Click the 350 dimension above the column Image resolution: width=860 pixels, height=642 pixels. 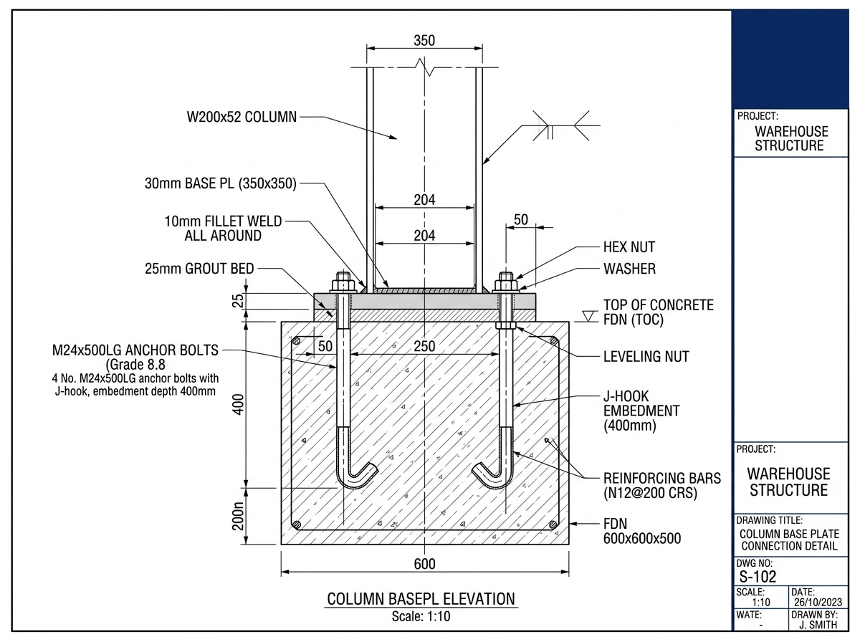[424, 41]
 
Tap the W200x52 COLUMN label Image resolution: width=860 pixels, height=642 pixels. [242, 117]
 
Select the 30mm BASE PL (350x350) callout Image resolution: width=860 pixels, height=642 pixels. [221, 183]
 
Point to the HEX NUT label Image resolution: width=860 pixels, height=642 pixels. [629, 247]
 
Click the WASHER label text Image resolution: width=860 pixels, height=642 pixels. [629, 269]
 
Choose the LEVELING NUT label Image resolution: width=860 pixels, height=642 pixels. [646, 356]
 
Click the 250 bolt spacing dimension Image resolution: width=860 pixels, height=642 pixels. [425, 346]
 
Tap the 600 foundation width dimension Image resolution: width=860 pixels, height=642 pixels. [425, 564]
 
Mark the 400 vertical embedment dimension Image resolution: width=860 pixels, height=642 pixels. [238, 405]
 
